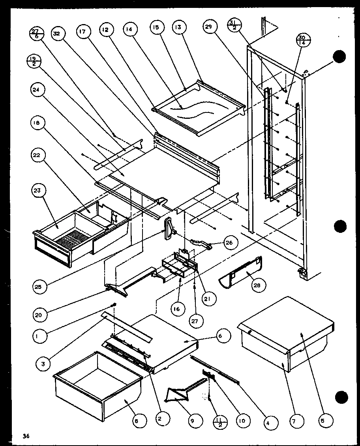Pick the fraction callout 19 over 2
(x=32, y=62)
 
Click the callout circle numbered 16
(x=176, y=309)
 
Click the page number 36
(x=26, y=436)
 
